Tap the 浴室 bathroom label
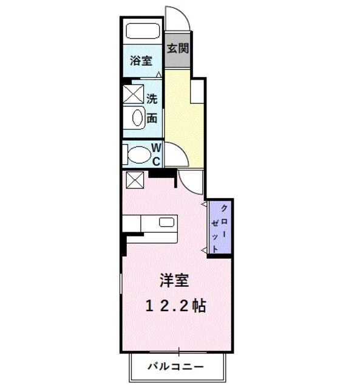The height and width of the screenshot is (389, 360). [x=141, y=61]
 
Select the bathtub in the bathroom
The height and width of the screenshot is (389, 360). [x=142, y=32]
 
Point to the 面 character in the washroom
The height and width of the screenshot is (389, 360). [x=152, y=118]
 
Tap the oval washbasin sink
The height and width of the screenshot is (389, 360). [x=137, y=118]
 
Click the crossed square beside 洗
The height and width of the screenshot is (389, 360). [x=133, y=95]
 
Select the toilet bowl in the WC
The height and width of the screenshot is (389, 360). [x=138, y=154]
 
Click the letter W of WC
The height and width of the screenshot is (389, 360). [x=155, y=148]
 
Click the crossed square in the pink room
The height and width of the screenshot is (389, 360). [x=134, y=180]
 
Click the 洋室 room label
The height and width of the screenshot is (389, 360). [x=174, y=281]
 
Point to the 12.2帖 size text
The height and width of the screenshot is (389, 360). [x=175, y=306]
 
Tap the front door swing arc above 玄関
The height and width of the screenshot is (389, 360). [x=178, y=17]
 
